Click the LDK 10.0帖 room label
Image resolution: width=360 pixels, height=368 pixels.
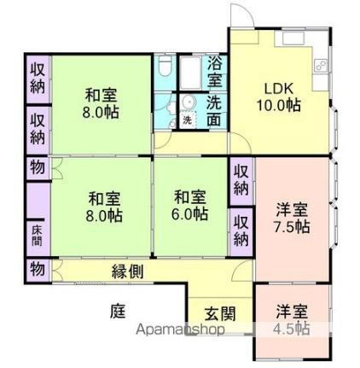280,96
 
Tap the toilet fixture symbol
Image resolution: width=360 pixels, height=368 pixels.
165,70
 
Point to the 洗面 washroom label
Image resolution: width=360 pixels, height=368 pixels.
215,109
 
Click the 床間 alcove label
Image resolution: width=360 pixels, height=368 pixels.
38,231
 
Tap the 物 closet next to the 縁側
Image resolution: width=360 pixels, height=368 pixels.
38,269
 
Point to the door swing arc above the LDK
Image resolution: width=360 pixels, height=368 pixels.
241,20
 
